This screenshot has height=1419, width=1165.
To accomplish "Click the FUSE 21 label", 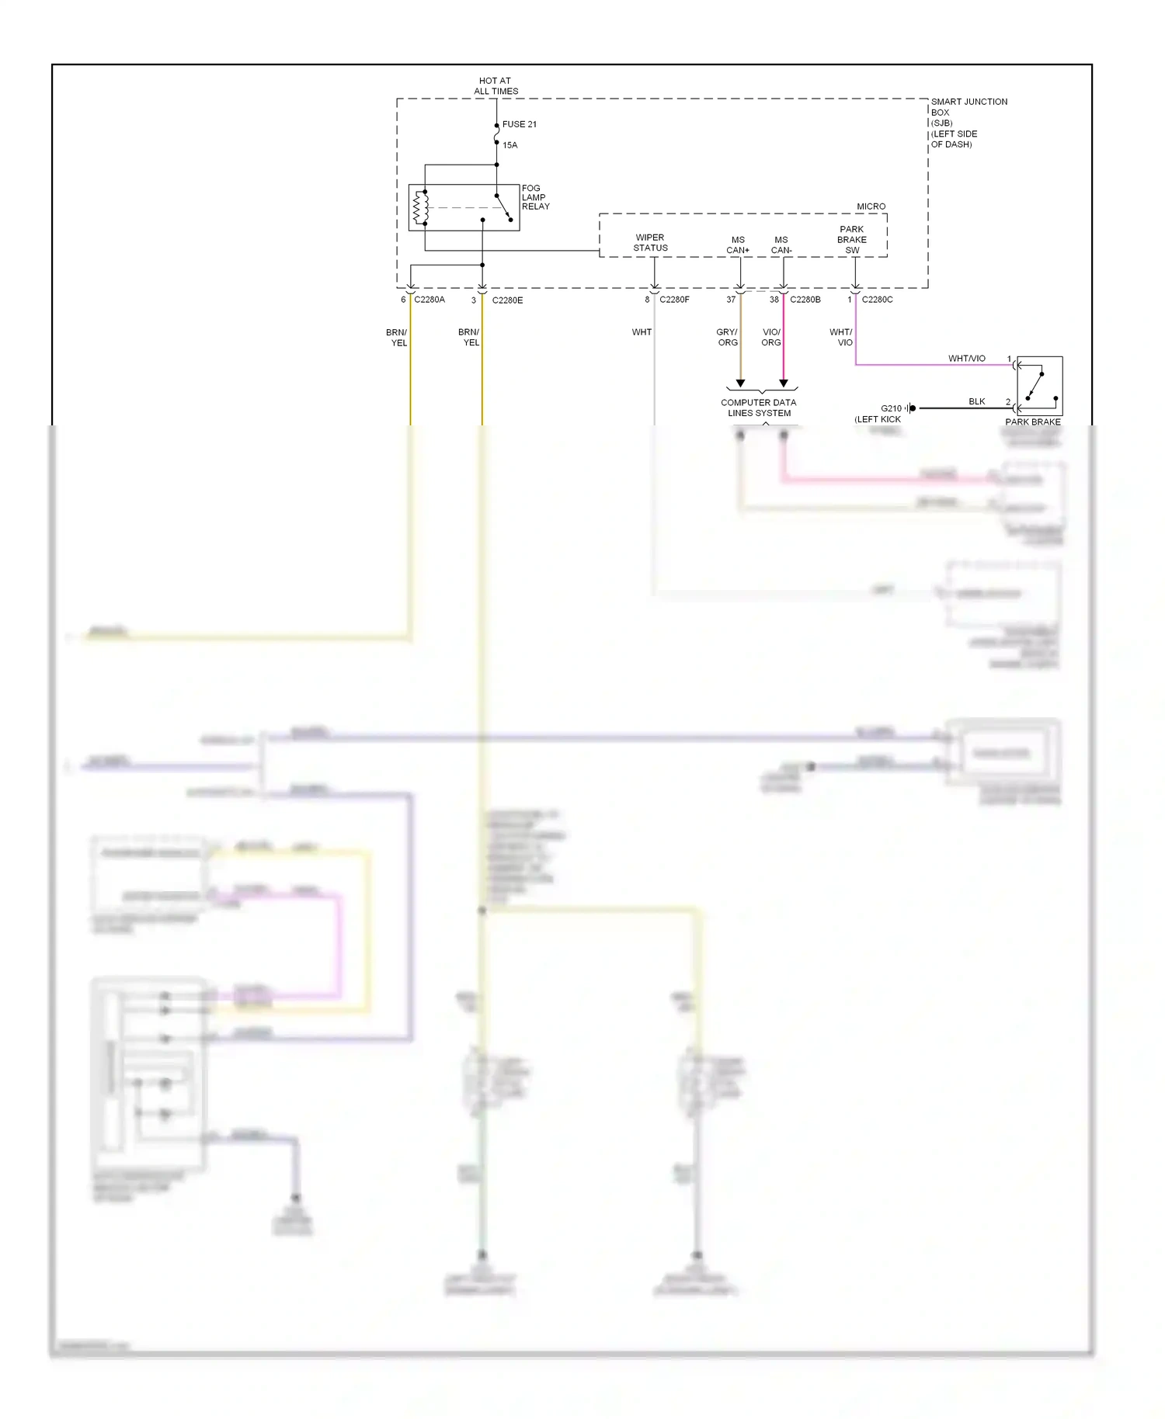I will (x=519, y=124).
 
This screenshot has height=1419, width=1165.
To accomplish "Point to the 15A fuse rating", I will (x=509, y=145).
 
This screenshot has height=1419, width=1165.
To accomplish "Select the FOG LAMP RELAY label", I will (x=535, y=197).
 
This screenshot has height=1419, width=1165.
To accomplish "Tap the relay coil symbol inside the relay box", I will (x=420, y=207).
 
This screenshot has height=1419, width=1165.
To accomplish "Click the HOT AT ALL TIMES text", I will (x=496, y=86).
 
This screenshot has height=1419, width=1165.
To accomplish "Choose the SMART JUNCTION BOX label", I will (x=968, y=123).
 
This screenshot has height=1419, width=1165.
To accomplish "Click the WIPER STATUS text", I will (x=650, y=243).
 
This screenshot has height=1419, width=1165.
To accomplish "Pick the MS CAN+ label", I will (x=738, y=245).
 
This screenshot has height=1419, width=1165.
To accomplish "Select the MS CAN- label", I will (x=781, y=245).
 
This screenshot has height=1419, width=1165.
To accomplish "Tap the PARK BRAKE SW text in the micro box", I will (x=852, y=240).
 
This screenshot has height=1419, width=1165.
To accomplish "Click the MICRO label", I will (x=871, y=206).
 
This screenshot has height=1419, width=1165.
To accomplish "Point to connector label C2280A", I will (x=429, y=300).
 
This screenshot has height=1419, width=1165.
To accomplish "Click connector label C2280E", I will (x=507, y=300).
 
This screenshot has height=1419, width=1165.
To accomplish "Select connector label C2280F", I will (x=674, y=300).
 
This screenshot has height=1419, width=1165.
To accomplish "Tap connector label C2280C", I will (x=877, y=300).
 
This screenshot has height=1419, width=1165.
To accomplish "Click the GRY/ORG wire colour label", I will (x=727, y=337).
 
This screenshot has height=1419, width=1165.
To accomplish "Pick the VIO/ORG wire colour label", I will (x=771, y=337).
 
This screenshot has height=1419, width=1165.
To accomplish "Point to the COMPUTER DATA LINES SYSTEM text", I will (x=759, y=408).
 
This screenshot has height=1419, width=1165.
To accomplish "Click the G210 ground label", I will (x=891, y=408).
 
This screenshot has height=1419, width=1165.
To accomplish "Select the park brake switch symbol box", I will (x=1039, y=386).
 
